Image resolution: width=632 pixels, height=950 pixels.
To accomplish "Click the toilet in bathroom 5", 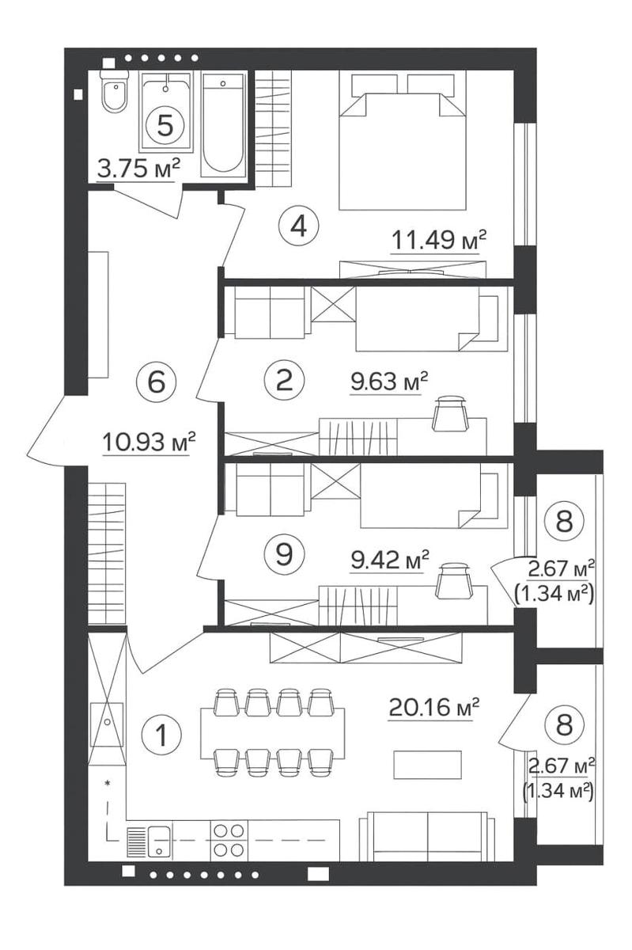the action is tap(115, 91).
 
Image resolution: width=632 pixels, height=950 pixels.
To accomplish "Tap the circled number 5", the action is tap(165, 125).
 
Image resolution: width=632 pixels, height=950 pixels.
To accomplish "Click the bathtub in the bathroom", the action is tap(223, 125).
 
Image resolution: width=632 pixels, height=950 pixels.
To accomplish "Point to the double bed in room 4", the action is tap(402, 140).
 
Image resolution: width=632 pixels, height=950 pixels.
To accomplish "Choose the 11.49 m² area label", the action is tap(438, 240).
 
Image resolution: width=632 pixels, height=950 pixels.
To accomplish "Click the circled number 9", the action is tap(284, 553).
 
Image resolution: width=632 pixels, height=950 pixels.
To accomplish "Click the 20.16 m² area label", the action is tap(433, 708).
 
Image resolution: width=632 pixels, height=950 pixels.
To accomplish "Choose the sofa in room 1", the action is tap(427, 836).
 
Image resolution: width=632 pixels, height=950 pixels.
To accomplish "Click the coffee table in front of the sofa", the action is tap(427, 765).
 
